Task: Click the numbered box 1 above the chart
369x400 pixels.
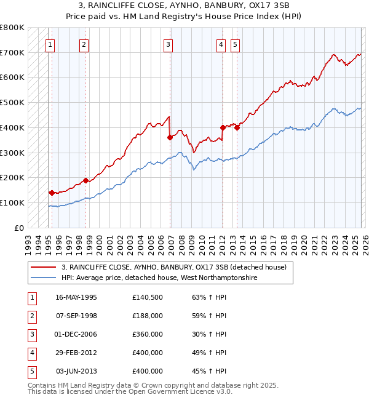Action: coord(49,44)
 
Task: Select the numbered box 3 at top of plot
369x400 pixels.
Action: coord(168,44)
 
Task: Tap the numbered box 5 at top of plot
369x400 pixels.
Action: coord(236,44)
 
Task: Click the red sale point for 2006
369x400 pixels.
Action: coord(170,138)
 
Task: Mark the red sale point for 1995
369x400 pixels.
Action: coord(52,193)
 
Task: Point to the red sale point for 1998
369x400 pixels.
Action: coord(85,180)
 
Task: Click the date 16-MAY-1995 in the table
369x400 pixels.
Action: coord(76,297)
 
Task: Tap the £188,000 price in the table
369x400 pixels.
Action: coord(148,316)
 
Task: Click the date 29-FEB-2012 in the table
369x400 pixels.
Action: coord(76,353)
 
